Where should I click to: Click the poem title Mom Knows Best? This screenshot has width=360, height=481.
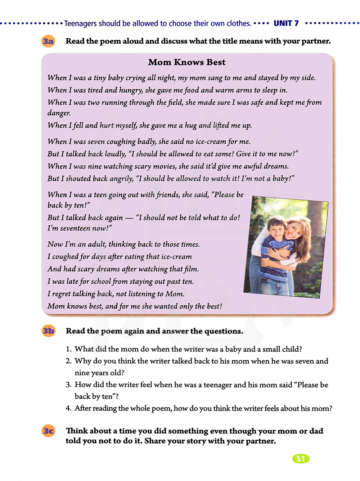click(186, 62)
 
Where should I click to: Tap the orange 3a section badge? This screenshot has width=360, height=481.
click(48, 41)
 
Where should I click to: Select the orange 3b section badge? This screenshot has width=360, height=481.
click(48, 331)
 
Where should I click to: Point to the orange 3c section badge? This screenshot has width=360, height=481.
click(48, 431)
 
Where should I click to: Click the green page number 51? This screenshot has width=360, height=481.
click(301, 459)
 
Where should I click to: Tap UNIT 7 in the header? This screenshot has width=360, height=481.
click(286, 23)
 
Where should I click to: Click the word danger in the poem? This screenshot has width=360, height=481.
click(59, 113)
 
